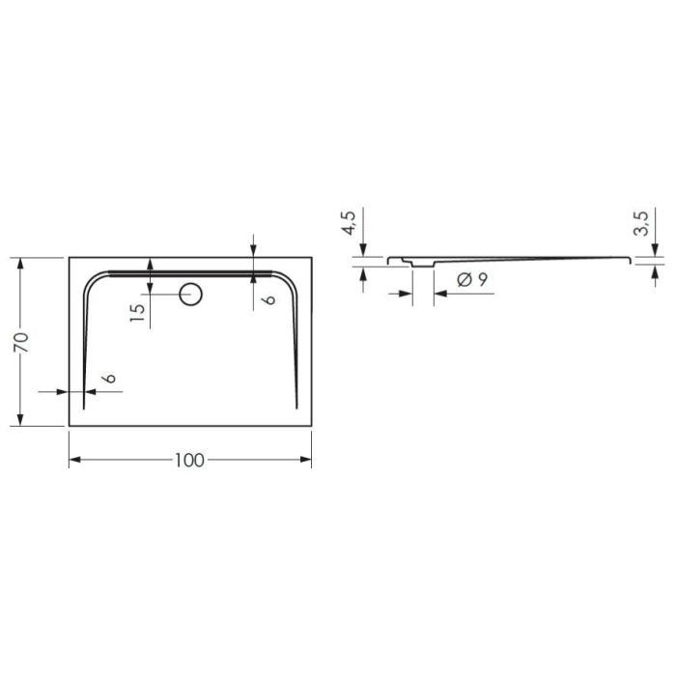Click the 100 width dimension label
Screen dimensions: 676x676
coord(189,461)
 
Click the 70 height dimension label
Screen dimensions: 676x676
coord(22,341)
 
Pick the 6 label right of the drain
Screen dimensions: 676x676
coord(269,299)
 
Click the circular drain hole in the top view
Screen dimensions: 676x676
coord(190,293)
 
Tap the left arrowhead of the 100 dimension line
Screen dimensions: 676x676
coord(74,461)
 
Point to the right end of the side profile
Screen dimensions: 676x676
coord(633,259)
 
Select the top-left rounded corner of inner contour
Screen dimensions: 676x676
coord(94,281)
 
